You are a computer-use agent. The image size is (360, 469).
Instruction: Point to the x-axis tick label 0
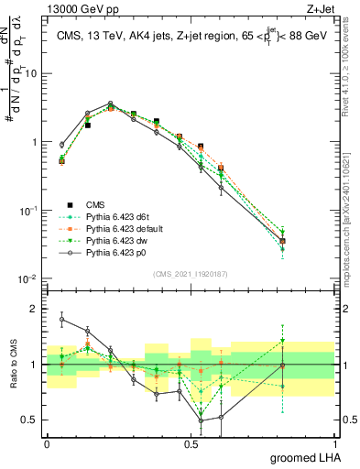click(47, 442)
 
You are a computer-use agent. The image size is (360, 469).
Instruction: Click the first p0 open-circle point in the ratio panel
click(61, 320)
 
